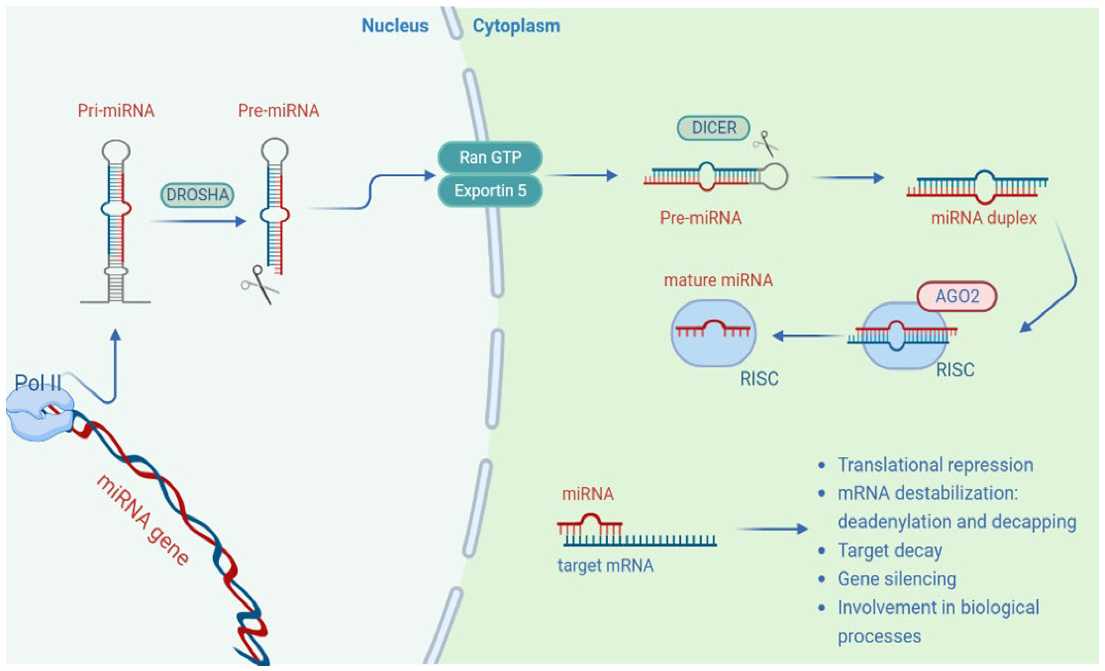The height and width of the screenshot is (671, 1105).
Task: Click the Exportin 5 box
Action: click(490, 191)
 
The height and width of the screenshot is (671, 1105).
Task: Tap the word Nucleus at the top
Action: click(395, 26)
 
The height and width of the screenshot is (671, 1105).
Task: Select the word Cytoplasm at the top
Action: click(516, 26)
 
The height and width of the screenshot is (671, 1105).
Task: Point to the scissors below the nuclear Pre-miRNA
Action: click(260, 284)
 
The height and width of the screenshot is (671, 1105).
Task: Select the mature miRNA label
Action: click(718, 280)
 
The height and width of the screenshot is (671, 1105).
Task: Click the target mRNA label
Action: click(605, 566)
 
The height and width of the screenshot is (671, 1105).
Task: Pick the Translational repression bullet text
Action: click(935, 465)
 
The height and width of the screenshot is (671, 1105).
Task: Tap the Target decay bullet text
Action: click(890, 551)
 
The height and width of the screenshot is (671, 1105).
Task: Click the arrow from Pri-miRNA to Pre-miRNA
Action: click(198, 221)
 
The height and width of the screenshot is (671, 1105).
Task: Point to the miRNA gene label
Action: click(143, 519)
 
